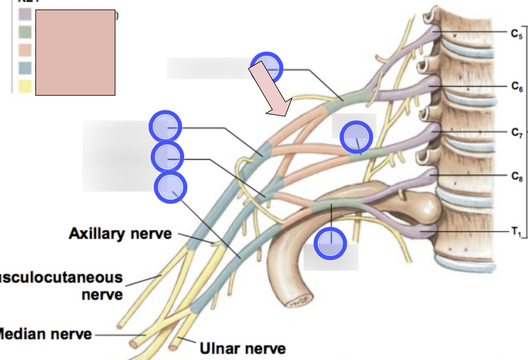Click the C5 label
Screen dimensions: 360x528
516,33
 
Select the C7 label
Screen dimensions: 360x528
516,133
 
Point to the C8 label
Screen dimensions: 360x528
516,176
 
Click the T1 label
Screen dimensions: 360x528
516,232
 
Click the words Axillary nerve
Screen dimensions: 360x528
120,233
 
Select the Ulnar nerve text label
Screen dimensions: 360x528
243,348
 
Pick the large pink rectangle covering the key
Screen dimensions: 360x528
75,53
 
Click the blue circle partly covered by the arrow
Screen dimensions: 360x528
267,68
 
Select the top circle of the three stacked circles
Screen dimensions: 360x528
165,127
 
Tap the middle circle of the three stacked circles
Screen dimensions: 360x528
168,157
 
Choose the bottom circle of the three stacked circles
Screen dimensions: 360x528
170,188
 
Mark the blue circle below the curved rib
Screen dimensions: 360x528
330,243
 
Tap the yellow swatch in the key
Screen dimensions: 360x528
25,86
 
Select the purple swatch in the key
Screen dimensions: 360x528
25,15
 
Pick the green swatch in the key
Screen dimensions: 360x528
25,33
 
